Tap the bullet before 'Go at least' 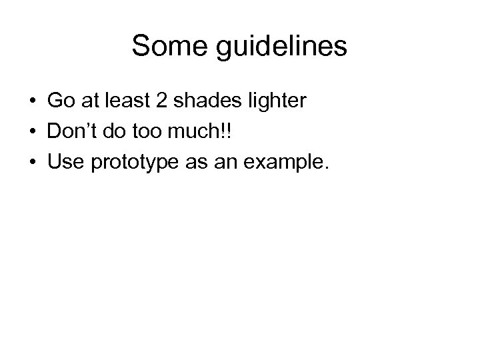32,102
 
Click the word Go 59,101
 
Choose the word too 151,132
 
